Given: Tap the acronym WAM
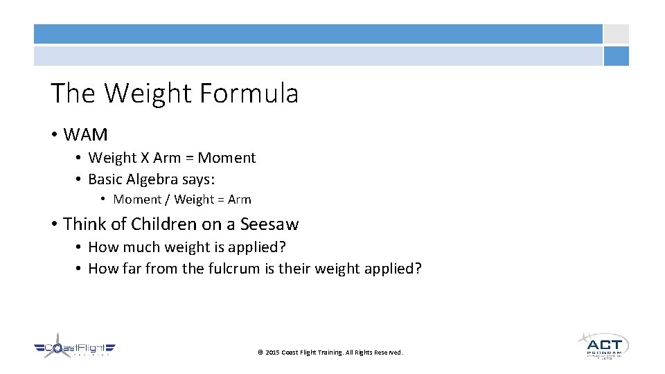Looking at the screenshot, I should (x=85, y=134).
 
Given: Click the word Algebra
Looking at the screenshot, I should (x=152, y=179).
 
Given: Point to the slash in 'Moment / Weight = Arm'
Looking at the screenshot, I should (x=168, y=199).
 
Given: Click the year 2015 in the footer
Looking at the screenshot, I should (x=272, y=353).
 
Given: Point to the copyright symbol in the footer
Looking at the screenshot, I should (x=260, y=353).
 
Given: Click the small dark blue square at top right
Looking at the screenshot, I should (x=616, y=56).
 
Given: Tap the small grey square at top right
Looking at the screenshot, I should (x=616, y=34).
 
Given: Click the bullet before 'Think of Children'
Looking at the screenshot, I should (x=54, y=224).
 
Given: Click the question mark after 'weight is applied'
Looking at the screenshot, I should (x=283, y=247).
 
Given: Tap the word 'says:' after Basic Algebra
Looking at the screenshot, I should (x=199, y=179).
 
